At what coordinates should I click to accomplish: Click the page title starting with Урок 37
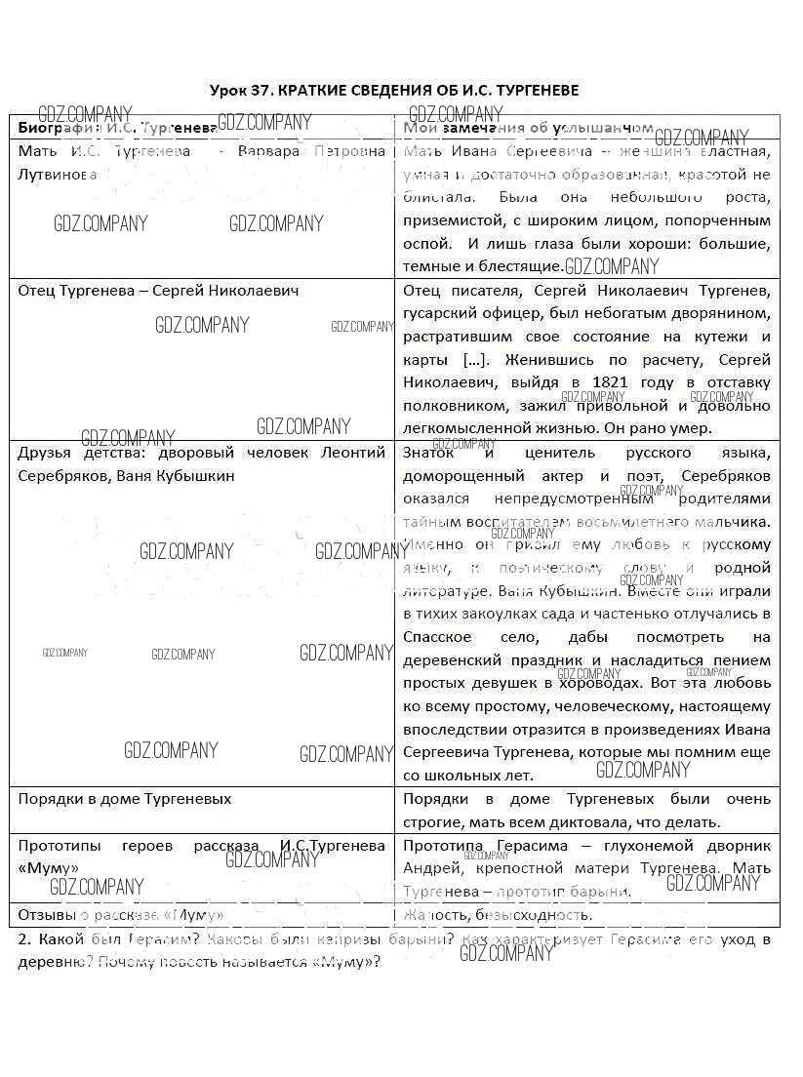[x=394, y=90]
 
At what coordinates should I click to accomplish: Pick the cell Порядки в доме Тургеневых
[x=125, y=799]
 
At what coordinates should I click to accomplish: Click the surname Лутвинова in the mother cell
[x=58, y=175]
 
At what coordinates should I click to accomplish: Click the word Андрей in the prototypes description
[x=429, y=867]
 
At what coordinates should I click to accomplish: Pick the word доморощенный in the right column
[x=460, y=475]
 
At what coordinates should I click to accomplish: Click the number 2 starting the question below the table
[x=22, y=940]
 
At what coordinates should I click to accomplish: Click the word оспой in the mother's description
[x=427, y=244]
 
